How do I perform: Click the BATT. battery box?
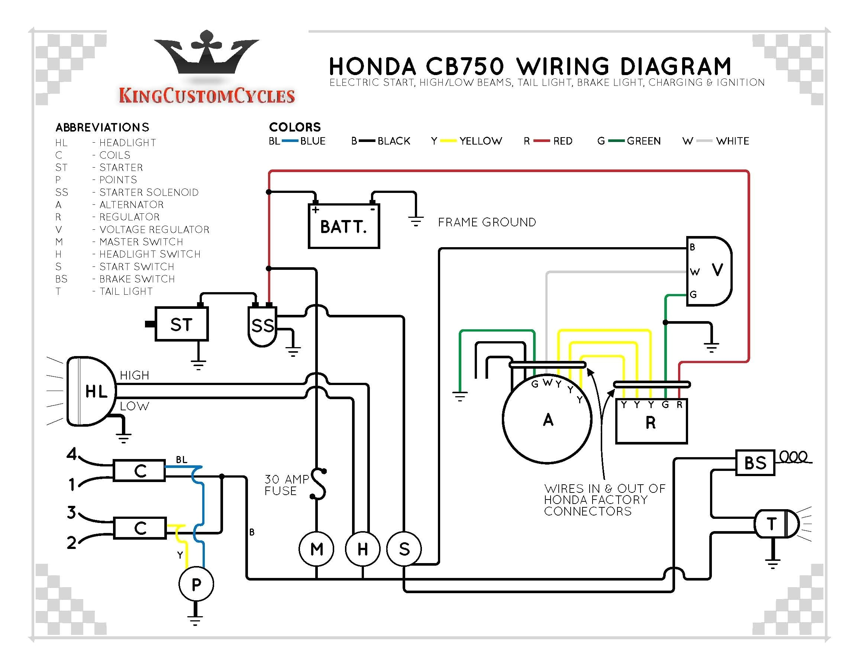pos(343,226)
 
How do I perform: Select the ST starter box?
pos(181,324)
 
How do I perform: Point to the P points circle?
pos(196,584)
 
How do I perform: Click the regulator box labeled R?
pos(651,422)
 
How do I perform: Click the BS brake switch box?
pos(755,463)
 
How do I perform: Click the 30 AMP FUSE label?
pos(286,485)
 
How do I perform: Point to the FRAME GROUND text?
pos(487,222)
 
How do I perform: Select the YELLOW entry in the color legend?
pos(480,141)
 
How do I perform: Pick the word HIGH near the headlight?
pos(134,375)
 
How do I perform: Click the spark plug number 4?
pos(71,454)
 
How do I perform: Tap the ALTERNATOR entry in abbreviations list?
pos(131,204)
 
